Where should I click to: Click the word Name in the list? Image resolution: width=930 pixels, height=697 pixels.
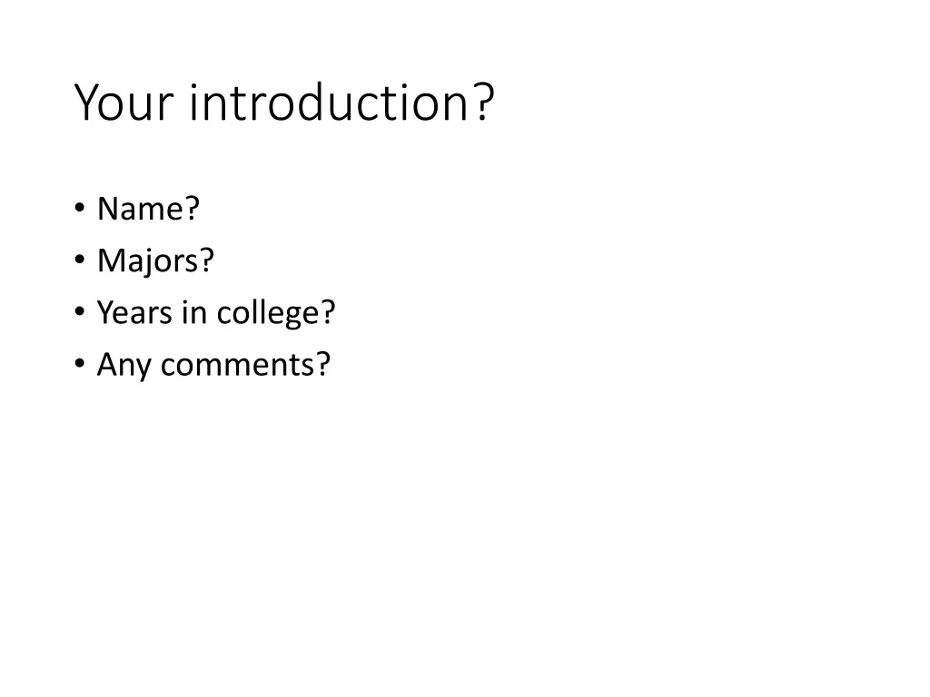140,209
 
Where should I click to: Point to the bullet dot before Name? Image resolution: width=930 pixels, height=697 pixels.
80,210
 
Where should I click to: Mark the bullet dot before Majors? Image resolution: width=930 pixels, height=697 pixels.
80,261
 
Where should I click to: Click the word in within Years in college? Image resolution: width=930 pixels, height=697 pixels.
195,313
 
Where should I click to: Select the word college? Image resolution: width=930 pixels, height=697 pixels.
266,314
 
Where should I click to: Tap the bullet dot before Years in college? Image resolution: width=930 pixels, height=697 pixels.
80,313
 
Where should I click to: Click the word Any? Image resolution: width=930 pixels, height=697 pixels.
120,365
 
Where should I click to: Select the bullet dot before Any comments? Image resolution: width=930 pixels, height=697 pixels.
80,365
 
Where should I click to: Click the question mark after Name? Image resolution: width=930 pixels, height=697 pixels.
192,209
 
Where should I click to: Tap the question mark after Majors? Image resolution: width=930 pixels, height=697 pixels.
207,261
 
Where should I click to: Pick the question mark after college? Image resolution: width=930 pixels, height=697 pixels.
328,313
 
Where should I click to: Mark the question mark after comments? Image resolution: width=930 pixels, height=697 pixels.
324,365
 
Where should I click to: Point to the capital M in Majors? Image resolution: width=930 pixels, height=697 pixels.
108,261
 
